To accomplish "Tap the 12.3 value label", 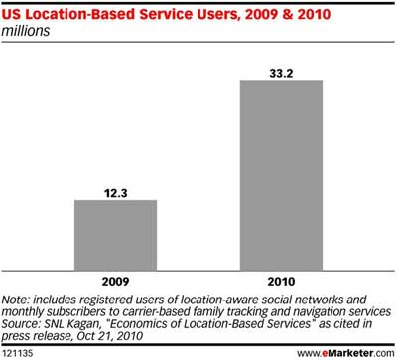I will click(x=117, y=191).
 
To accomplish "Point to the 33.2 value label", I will click(x=282, y=72).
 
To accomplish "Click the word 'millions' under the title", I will click(x=32, y=31).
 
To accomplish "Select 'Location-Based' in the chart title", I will click(x=77, y=13).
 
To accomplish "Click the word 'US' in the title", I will click(x=16, y=13).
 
